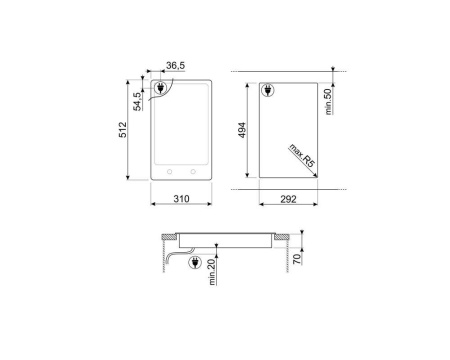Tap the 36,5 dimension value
click(175, 66)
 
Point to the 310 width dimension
click(180, 200)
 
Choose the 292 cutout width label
click(288, 200)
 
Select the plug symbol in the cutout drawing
click(268, 92)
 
